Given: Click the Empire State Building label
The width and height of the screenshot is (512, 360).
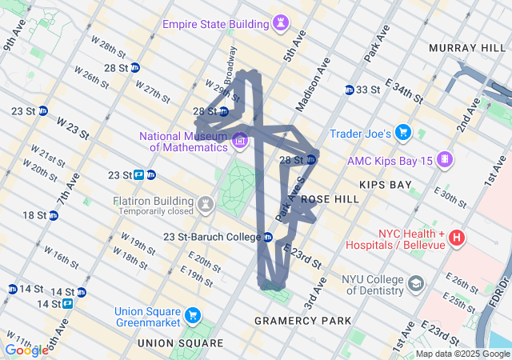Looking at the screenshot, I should (215, 24).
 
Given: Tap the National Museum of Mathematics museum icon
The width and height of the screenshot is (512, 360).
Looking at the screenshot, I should (239, 142).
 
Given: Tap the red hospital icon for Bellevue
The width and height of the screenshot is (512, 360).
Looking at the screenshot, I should (456, 238).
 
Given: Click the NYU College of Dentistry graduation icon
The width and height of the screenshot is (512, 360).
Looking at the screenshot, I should (416, 283).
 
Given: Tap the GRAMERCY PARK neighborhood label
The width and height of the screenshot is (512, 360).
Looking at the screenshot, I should (302, 321).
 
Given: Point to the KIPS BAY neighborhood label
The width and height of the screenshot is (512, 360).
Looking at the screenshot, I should (385, 185).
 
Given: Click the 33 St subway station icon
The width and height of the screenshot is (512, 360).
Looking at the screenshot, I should (350, 90).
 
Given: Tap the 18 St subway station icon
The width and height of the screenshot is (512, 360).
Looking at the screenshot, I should (53, 215).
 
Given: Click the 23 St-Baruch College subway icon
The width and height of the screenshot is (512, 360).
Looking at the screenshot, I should (268, 237).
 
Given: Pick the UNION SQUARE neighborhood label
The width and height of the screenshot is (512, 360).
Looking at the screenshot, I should (180, 343).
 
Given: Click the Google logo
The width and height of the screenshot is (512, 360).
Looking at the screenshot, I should (26, 350).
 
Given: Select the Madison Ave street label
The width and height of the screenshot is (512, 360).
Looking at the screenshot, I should (311, 88).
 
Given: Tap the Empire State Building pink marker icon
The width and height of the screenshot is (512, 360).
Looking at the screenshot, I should (281, 25).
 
